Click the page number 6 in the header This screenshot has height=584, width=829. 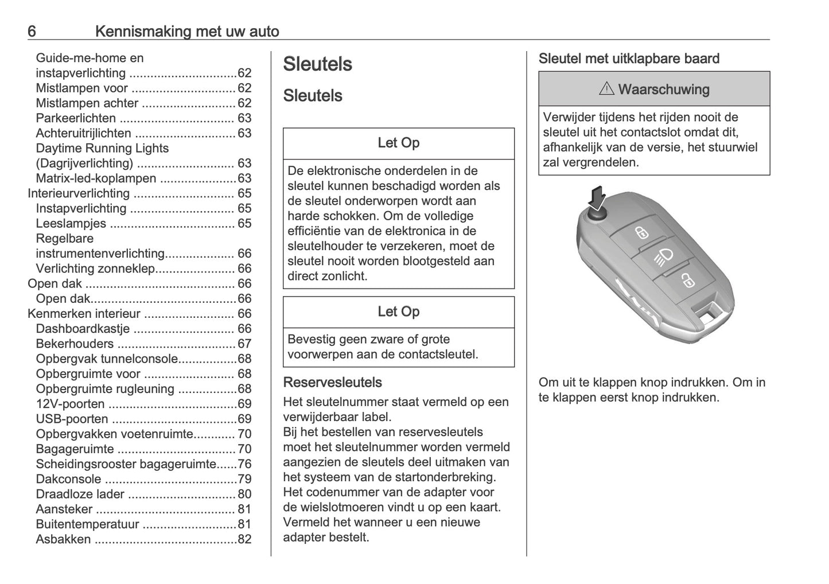pos(32,31)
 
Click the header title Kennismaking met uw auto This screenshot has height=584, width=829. pos(187,31)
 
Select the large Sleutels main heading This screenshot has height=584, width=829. pos(317,64)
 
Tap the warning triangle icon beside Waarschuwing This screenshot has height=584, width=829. pos(606,89)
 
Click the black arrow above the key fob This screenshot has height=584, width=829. pos(597,198)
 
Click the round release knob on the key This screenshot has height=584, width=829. pos(597,216)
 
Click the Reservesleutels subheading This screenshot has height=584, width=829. pos(332,383)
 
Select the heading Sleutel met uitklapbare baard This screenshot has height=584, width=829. pos(629,59)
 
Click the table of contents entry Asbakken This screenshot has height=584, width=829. pos(63,539)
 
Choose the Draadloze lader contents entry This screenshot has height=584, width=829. pos(80,494)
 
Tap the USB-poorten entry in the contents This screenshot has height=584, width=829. pos(72,419)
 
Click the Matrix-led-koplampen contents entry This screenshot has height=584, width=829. pos(96,178)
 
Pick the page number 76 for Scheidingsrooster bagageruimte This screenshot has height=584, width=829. pos(244,464)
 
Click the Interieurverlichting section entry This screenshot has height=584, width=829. pos(79,193)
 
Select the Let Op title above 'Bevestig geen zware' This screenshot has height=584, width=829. pos(398,312)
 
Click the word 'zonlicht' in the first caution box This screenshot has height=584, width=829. pos(343,276)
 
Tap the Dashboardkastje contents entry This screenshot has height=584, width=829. pos(83,329)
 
